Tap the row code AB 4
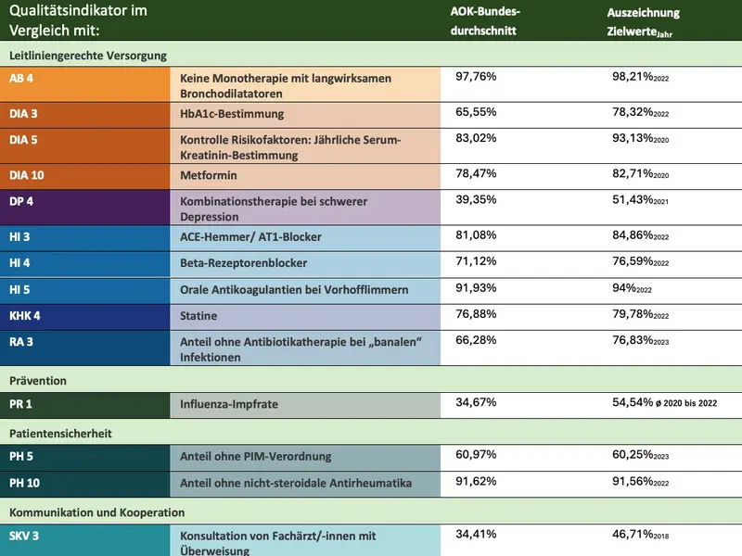pos(22,79)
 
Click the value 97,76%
pos(477,77)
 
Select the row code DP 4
pos(22,201)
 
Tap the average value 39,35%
pos(477,200)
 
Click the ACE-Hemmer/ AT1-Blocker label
pos(250,237)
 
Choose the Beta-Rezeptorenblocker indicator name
pos(243,263)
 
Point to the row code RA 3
pos(22,342)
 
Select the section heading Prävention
pos(38,380)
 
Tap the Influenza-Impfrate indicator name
pos(228,404)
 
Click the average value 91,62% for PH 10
pos(477,482)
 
